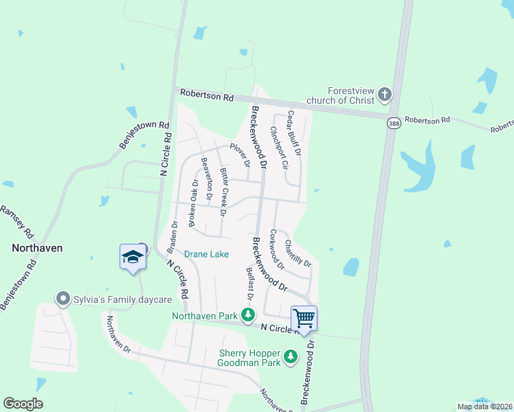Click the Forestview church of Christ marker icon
click(x=385, y=94)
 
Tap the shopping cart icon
click(x=304, y=318)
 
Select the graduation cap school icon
click(x=133, y=257)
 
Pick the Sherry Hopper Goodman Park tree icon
click(x=291, y=356)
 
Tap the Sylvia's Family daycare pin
click(x=63, y=299)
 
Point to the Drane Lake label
click(x=206, y=254)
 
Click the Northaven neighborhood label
click(x=37, y=248)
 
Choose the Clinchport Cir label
click(x=279, y=147)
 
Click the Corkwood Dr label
click(x=277, y=249)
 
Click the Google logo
click(x=23, y=404)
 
